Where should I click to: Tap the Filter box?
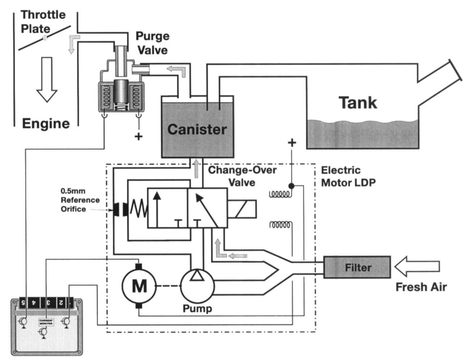(357, 267)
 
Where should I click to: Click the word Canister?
(197, 129)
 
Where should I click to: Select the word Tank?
(358, 103)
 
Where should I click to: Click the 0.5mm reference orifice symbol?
(120, 209)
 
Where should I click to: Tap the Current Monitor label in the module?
(46, 322)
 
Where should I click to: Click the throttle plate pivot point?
(45, 38)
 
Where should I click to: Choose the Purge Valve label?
(152, 43)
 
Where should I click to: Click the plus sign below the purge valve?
(138, 136)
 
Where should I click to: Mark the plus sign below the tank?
(292, 142)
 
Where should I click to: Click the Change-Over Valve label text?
(242, 176)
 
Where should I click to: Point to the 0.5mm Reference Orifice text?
(80, 200)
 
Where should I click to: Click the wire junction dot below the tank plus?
(291, 186)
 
